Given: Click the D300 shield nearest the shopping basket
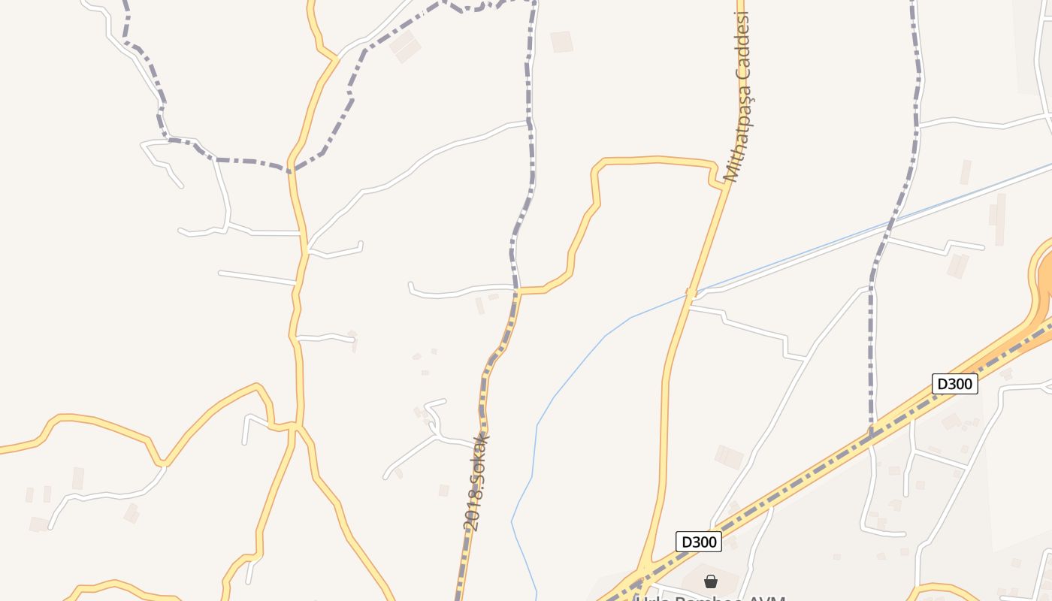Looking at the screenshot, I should click(698, 542).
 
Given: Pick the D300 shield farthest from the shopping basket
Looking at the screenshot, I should click(954, 384).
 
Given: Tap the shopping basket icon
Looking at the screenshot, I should click(711, 581).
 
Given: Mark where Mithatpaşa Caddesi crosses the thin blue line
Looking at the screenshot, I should click(691, 293).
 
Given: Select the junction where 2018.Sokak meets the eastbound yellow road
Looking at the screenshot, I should click(518, 290).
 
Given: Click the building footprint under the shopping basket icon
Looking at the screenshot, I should click(703, 575).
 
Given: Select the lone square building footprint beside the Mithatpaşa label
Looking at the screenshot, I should click(561, 41).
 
